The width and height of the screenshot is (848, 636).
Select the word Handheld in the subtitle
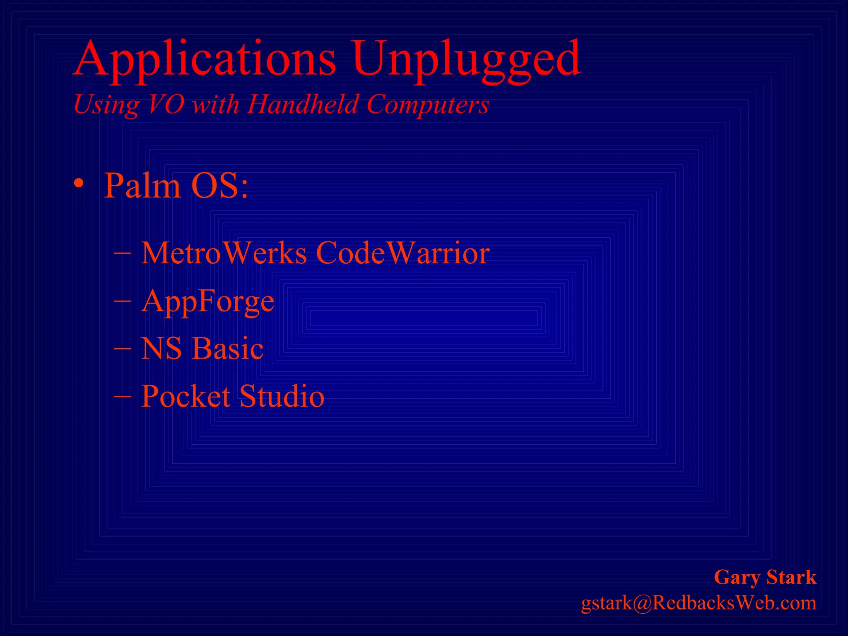(x=303, y=104)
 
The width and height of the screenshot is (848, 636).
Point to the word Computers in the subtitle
(x=428, y=104)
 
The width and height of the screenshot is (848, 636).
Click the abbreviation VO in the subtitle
(x=166, y=104)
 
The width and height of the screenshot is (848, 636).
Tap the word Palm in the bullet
(x=142, y=185)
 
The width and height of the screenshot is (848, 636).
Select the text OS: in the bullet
(x=219, y=185)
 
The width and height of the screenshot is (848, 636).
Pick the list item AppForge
(x=207, y=301)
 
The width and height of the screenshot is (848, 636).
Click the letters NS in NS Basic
(x=161, y=348)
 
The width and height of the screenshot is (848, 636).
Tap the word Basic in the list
(x=228, y=348)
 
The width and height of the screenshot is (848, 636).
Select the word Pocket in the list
(x=185, y=396)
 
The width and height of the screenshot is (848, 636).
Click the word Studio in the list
(x=282, y=396)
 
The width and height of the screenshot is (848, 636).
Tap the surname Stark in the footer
(x=791, y=577)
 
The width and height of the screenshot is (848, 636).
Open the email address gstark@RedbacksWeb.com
(x=699, y=603)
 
